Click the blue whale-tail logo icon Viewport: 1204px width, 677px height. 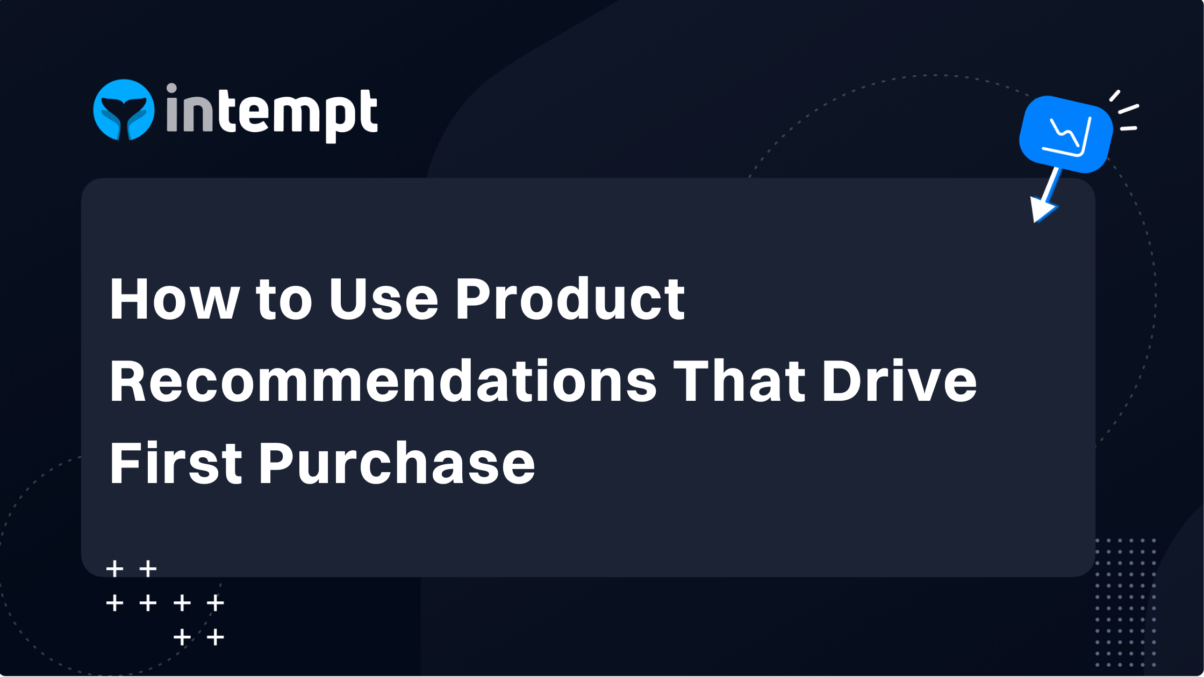point(124,110)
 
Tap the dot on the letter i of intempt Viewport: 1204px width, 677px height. point(171,88)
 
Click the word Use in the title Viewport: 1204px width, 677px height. point(383,299)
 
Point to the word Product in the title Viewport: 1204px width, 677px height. point(570,299)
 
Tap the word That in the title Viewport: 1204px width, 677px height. point(739,381)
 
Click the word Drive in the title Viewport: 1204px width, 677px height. point(899,381)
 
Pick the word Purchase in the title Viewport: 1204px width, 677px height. point(397,463)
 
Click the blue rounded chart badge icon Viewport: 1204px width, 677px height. point(1065,134)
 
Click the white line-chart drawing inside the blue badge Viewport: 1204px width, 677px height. point(1069,135)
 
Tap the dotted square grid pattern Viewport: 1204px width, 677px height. point(1126,602)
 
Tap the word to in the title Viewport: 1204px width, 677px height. point(284,299)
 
